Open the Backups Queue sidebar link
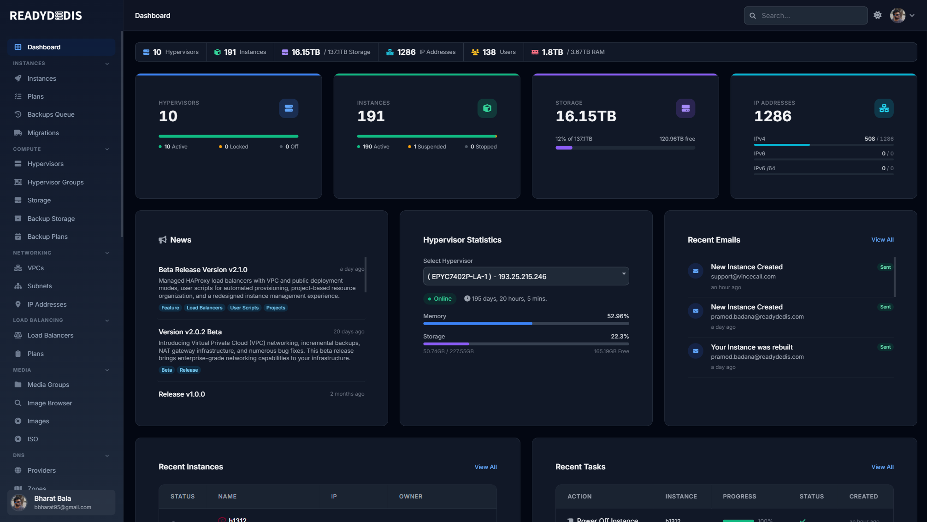coord(51,114)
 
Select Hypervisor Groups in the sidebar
coord(55,182)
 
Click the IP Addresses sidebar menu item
coord(47,304)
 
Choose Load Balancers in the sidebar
coord(50,335)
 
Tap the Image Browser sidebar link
coord(50,403)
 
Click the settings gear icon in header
coord(878,15)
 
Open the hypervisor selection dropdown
coord(525,276)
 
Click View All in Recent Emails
coord(882,240)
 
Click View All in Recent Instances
coord(485,467)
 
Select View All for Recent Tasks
coord(882,467)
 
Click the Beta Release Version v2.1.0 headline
coord(203,270)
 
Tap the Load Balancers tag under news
coord(204,308)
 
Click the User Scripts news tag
coord(244,308)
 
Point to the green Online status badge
coord(440,299)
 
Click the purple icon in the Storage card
coord(685,108)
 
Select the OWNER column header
coord(410,497)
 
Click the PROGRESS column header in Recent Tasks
coord(739,497)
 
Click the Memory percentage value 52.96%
coord(618,316)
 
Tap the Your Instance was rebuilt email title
coord(751,347)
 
